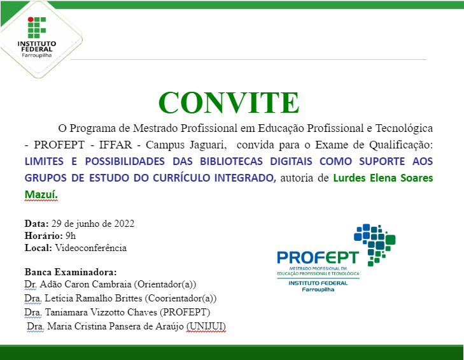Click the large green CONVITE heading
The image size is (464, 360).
(x=228, y=102)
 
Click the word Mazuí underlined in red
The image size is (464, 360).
(x=40, y=194)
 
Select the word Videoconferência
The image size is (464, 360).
(x=90, y=248)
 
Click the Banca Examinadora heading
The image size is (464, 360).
(x=70, y=271)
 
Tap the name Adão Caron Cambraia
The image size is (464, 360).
(x=83, y=284)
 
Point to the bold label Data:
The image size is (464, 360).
(x=36, y=224)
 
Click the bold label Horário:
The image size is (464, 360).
(x=42, y=236)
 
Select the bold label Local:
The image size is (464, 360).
(x=38, y=248)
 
